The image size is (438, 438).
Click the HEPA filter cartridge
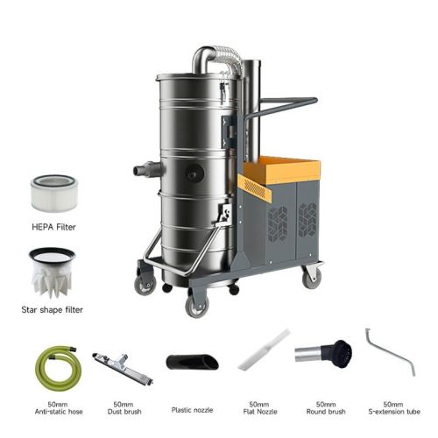tap(54, 193)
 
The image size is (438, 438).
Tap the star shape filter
tap(52, 272)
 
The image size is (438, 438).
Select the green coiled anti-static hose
tap(58, 369)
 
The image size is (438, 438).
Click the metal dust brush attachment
tap(123, 369)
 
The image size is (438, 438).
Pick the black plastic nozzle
tap(192, 362)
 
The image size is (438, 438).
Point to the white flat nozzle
tap(264, 350)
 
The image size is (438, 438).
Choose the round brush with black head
tap(323, 354)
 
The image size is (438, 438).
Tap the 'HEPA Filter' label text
tap(53, 227)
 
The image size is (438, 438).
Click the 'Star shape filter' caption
tap(52, 310)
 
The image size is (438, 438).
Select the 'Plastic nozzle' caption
tap(192, 410)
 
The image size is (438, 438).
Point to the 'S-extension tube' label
tap(394, 412)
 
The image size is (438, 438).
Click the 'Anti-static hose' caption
tap(59, 412)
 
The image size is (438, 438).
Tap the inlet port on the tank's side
tap(146, 170)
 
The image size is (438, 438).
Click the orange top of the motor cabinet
tap(281, 170)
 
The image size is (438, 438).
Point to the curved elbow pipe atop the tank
tap(204, 60)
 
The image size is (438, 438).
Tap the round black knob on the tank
tap(194, 173)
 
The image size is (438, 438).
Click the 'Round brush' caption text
tap(326, 412)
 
